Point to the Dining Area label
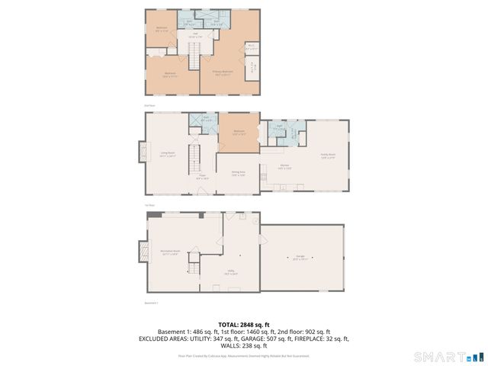coord(238,172)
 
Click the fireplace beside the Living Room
coord(142,152)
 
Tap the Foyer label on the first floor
coord(203,178)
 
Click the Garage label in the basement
coord(300,258)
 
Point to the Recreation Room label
coord(169,251)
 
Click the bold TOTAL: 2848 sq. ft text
coord(243,324)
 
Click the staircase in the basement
coord(194,267)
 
